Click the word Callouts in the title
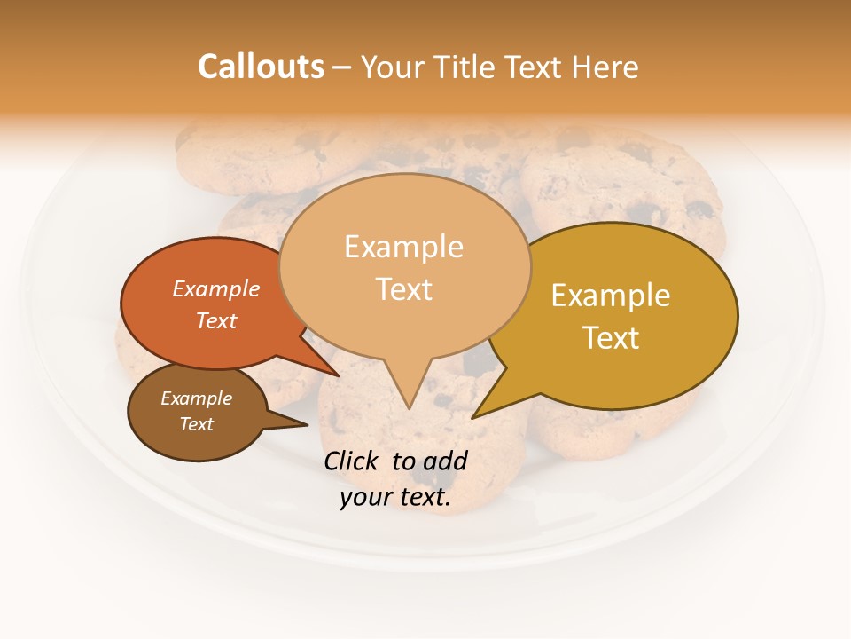pos(261,67)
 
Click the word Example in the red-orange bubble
pos(215,289)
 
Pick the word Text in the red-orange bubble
pos(215,320)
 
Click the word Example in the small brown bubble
pos(196,398)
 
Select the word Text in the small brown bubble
pos(196,424)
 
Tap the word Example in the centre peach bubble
pos(403,247)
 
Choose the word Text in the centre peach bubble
pos(403,289)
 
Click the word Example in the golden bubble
pos(610,296)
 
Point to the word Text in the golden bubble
pos(610,338)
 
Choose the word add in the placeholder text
pos(446,461)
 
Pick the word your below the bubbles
pos(365,497)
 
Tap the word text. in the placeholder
pos(425,497)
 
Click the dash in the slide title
pos(342,67)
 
